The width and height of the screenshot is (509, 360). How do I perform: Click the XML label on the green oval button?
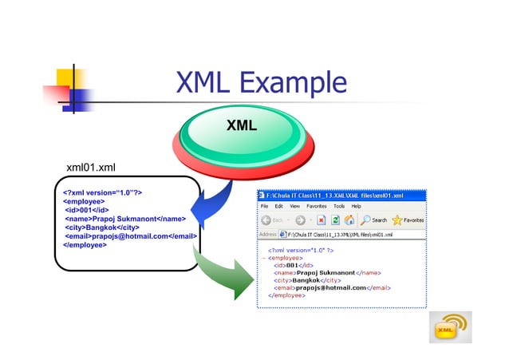coord(241,125)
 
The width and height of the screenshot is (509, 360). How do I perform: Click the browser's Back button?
coord(273,220)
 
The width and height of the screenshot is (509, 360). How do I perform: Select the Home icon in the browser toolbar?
coord(352,220)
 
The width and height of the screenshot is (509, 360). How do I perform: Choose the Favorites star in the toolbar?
coord(408,220)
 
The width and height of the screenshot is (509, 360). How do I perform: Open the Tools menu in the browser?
coord(339,206)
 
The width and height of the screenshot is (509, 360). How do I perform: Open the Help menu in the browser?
coord(356,206)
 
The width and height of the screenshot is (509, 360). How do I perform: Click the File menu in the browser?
coord(263,206)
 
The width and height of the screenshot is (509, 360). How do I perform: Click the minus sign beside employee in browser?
coord(262,258)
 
